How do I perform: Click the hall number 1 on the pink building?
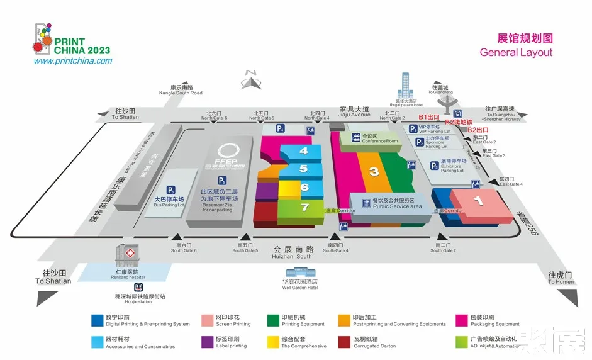coord(478,201)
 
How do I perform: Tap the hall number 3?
coord(374,171)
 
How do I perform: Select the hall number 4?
coord(304,151)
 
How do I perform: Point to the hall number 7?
coord(304,206)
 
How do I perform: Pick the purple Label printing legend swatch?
coord(206,342)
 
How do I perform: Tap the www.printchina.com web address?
coord(72,61)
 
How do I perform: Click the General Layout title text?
coord(516,52)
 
